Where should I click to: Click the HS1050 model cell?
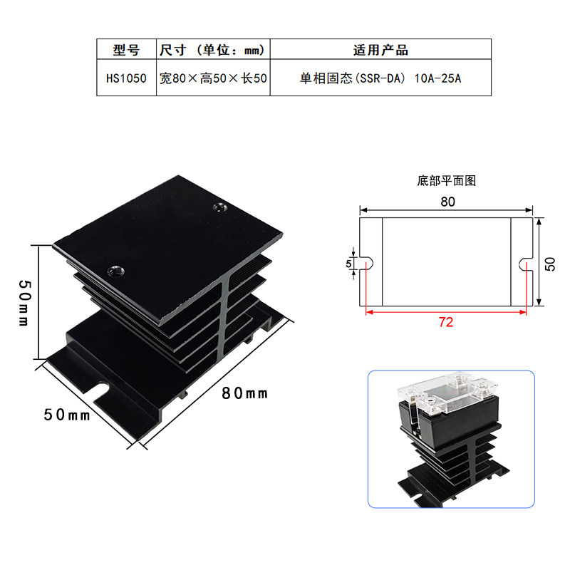pos(126,78)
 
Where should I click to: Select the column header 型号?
pos(126,50)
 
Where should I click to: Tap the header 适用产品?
pos(380,50)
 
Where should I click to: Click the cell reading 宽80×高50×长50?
pos(213,78)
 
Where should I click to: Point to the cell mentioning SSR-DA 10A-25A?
pos(380,78)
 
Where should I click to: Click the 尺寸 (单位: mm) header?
pos(212,50)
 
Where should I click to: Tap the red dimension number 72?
pos(446,322)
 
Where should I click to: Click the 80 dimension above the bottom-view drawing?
pos(447,202)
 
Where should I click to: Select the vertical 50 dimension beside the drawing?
pos(549,264)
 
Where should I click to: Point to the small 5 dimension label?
pos(348,264)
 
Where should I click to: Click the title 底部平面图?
pos(447,181)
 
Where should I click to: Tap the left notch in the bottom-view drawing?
pos(366,264)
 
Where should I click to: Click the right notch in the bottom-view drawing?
pos(526,264)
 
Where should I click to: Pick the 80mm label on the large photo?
pos(244,393)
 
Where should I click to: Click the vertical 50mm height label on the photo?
pos(25,303)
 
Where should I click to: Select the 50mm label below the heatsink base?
pos(66,415)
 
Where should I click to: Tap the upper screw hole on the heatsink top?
pos(220,207)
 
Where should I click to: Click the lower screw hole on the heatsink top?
pos(115,271)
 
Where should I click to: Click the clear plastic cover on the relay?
pos(447,393)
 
